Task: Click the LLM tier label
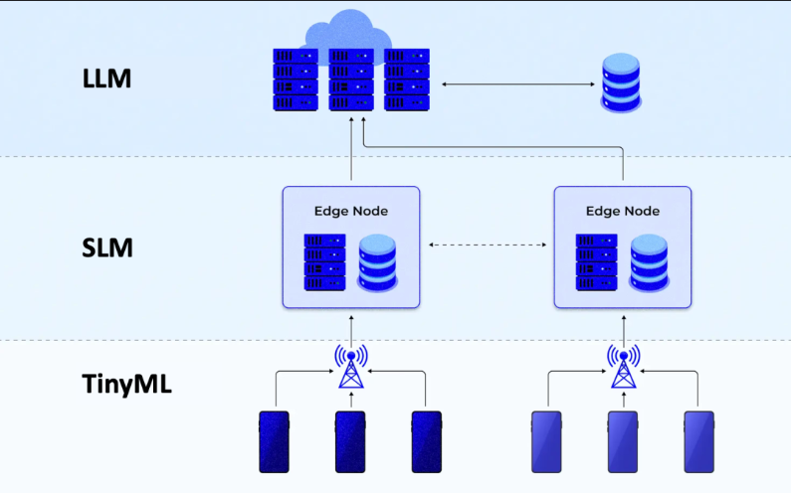coord(106,79)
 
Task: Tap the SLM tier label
coord(106,248)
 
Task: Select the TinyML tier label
coord(126,384)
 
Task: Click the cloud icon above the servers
coord(348,30)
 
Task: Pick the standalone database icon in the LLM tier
coord(621,82)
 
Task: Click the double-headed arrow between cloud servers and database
coord(518,84)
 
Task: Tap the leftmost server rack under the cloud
coord(296,80)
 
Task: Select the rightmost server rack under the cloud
coord(407,80)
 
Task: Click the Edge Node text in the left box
coord(351,211)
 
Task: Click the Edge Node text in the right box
coord(623,211)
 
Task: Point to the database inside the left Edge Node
coord(377,262)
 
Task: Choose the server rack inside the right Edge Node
coord(596,262)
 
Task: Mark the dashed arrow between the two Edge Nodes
coord(488,245)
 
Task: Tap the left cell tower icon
coord(351,367)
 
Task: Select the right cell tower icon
coord(624,367)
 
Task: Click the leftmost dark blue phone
coord(274,442)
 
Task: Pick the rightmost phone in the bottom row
coord(698,442)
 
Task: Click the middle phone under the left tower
coord(350,442)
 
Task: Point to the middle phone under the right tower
coord(623,442)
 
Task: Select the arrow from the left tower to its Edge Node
coord(351,330)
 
